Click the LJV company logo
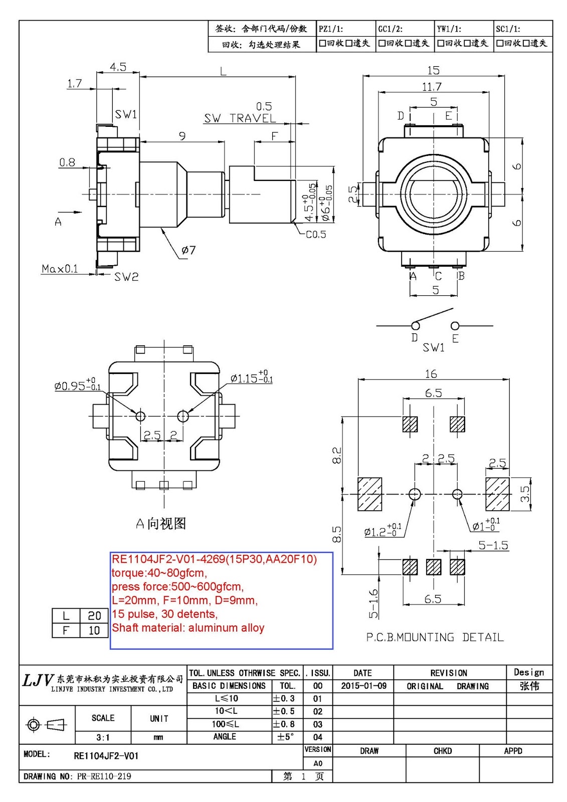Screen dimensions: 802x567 [x=38, y=680]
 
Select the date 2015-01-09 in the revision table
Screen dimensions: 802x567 [x=363, y=686]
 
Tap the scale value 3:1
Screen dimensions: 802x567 [x=103, y=737]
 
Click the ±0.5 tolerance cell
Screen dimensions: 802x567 [x=284, y=711]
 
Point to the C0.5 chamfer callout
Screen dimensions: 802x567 [x=316, y=235]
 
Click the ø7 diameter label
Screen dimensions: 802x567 [x=188, y=250]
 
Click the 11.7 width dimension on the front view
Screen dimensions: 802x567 [x=432, y=87]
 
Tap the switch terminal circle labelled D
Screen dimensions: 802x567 [x=415, y=326]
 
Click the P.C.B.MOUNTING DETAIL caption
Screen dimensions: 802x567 [x=435, y=637]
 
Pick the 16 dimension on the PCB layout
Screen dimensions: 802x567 [x=431, y=374]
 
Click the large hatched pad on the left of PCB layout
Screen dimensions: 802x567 [x=370, y=494]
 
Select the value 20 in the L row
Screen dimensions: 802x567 [x=94, y=616]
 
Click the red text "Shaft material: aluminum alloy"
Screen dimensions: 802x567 [x=188, y=628]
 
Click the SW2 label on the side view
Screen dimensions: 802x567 [x=126, y=277]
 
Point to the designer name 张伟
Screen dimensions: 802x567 [x=529, y=686]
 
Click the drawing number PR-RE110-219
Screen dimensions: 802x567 [x=104, y=776]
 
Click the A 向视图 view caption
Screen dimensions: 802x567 [x=161, y=524]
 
